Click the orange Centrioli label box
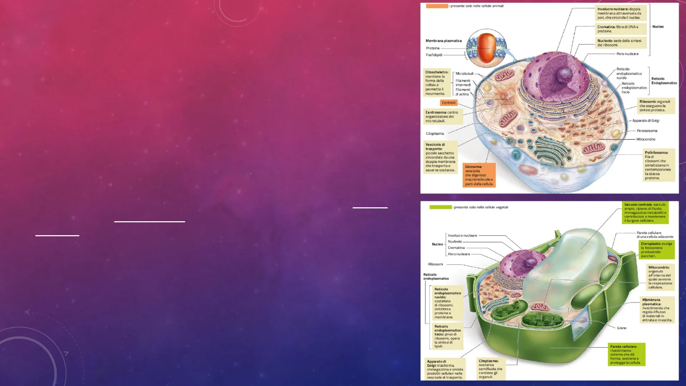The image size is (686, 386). click(x=449, y=103)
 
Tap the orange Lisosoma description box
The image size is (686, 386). click(x=479, y=175)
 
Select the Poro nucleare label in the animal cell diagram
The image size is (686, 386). click(x=627, y=54)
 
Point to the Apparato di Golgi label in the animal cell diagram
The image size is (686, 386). click(x=646, y=121)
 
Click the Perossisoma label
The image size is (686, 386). click(x=647, y=131)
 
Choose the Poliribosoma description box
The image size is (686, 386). click(x=659, y=165)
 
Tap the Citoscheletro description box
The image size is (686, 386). click(x=437, y=83)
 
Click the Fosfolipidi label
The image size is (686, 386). click(x=434, y=55)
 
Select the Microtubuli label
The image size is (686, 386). click(x=464, y=74)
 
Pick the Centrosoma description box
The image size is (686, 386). click(x=443, y=117)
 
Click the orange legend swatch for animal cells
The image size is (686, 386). click(x=437, y=6)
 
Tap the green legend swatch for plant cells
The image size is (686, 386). click(x=441, y=207)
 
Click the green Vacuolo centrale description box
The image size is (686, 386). click(x=645, y=213)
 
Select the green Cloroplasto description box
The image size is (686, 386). click(x=657, y=250)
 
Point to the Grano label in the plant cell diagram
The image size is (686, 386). click(x=622, y=328)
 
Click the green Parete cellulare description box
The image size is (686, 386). click(x=627, y=355)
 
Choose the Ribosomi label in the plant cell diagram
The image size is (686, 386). click(x=436, y=264)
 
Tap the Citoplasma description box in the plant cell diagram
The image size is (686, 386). click(x=491, y=369)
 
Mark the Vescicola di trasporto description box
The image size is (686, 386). click(x=441, y=157)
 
